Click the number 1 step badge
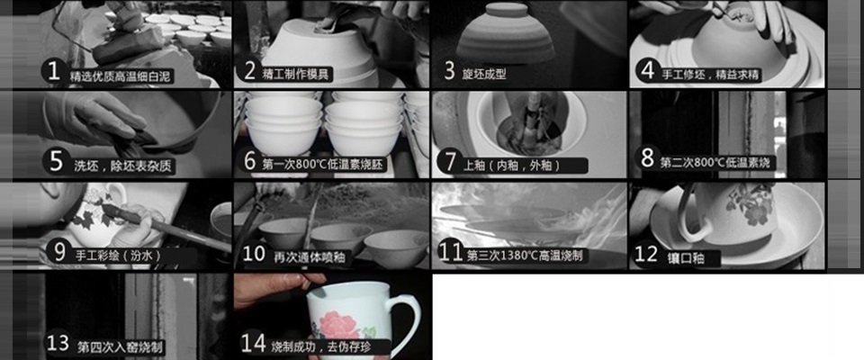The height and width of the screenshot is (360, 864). pos(53,72)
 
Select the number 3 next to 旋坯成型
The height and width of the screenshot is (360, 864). pos(450,72)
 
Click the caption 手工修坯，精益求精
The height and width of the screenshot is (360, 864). pos(710,74)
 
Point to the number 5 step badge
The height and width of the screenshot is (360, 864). pos(56,161)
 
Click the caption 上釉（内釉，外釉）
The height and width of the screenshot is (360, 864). pos(512,165)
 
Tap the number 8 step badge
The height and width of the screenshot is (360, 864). pos(647,158)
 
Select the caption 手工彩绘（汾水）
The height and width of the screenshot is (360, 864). pos(118,256)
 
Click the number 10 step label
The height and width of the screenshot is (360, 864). pos(254,254)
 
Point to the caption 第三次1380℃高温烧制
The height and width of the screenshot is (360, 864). pos(525,256)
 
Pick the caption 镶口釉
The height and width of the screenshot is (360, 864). pos(685,256)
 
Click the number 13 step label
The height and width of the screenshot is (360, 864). pos(58,344)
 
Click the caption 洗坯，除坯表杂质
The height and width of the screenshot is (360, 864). pos(123,166)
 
